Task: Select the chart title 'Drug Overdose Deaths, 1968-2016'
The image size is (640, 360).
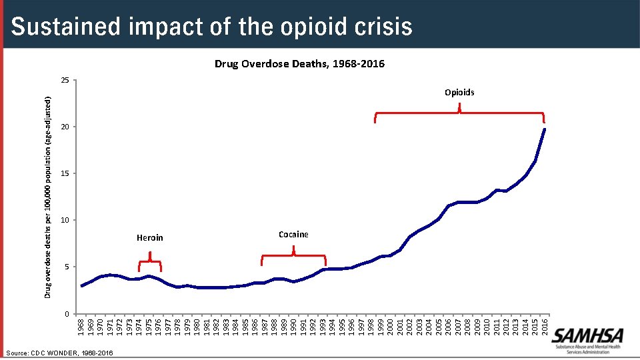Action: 299,64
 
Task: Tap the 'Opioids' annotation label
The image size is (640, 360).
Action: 459,92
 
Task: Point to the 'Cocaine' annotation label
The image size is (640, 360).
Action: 293,234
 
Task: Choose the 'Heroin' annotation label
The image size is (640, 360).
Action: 149,237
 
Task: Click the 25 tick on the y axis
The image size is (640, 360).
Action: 65,81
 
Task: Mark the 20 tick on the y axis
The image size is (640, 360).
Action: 65,127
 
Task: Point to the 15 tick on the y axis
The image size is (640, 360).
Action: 65,173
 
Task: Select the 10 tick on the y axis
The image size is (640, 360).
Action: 65,220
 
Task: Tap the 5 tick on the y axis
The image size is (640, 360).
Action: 67,267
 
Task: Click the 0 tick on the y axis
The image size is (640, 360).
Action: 67,313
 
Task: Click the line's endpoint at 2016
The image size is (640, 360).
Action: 545,129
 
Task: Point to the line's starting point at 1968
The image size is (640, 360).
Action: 81,285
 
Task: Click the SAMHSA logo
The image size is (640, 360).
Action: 587,337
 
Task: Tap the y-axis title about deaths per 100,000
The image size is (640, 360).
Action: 47,197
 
